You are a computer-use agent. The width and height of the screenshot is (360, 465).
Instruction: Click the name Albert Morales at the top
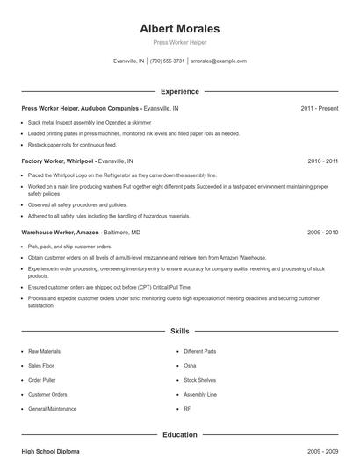pyautogui.click(x=180, y=29)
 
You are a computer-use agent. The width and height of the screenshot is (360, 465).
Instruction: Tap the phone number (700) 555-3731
pyautogui.click(x=167, y=61)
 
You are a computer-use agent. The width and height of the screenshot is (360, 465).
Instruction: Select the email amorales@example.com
pyautogui.click(x=219, y=61)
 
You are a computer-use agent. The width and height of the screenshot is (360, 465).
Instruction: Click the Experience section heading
pyautogui.click(x=180, y=91)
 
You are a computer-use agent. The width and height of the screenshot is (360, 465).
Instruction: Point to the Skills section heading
pyautogui.click(x=180, y=332)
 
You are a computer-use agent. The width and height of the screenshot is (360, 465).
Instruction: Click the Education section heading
pyautogui.click(x=180, y=433)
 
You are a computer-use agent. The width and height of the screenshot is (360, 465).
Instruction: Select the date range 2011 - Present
pyautogui.click(x=319, y=108)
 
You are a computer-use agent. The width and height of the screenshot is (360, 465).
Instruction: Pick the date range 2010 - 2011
pyautogui.click(x=323, y=161)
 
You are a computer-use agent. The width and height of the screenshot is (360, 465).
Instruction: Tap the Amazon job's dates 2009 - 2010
pyautogui.click(x=323, y=232)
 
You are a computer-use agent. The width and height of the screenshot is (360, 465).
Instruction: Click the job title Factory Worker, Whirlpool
pyautogui.click(x=56, y=161)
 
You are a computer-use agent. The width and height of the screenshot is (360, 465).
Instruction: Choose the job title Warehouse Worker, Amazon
pyautogui.click(x=59, y=232)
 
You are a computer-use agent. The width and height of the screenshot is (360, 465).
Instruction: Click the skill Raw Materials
pyautogui.click(x=45, y=351)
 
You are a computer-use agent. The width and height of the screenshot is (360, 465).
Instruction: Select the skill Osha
pyautogui.click(x=190, y=365)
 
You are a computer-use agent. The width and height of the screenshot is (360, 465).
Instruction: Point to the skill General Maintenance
pyautogui.click(x=53, y=409)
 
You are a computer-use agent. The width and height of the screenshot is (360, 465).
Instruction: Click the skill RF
pyautogui.click(x=187, y=409)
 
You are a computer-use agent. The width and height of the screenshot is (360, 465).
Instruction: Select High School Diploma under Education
pyautogui.click(x=50, y=451)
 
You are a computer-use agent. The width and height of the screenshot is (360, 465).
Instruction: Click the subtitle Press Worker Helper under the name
pyautogui.click(x=180, y=42)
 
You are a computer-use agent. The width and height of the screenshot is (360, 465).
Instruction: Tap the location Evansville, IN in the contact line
pyautogui.click(x=129, y=61)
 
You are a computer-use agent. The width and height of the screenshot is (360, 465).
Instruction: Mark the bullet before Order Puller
pyautogui.click(x=22, y=380)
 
